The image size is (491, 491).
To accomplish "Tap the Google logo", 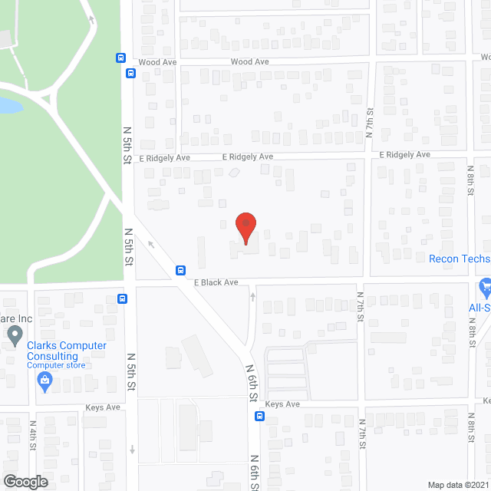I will click(25, 481).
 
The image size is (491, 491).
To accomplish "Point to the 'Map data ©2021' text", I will click(458, 484).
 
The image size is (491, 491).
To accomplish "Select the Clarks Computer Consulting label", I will click(67, 351).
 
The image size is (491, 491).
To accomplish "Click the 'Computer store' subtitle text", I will click(57, 365).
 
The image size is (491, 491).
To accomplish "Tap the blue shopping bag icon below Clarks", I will click(45, 380).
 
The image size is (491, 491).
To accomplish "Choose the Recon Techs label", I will click(459, 259).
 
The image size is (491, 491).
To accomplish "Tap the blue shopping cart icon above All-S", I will click(484, 288).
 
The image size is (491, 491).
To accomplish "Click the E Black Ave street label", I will click(216, 282).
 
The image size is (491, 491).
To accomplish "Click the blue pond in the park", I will click(9, 105).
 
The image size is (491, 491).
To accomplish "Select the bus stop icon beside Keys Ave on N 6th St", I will click(260, 417).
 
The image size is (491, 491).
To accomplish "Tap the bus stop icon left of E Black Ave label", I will click(181, 269).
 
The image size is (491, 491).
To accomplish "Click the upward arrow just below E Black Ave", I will click(252, 295).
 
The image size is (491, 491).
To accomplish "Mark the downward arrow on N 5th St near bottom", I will click(132, 450).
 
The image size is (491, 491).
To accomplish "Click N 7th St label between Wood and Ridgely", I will click(370, 122).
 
